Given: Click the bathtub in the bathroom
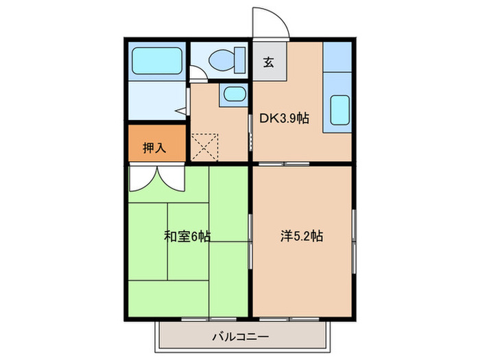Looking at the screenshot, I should point(156,60).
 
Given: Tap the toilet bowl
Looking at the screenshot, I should point(219,59).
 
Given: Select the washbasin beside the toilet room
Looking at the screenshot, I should point(233,95).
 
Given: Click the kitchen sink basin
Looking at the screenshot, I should point(340,109).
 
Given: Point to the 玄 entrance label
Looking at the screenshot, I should point(269,62).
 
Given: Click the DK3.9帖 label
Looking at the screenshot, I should point(283,118).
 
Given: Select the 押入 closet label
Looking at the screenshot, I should point(154,147).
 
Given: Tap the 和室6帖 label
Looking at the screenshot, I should point(187,237).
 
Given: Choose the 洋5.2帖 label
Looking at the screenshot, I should point(302,237).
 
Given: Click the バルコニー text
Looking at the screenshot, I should point(240,336).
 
